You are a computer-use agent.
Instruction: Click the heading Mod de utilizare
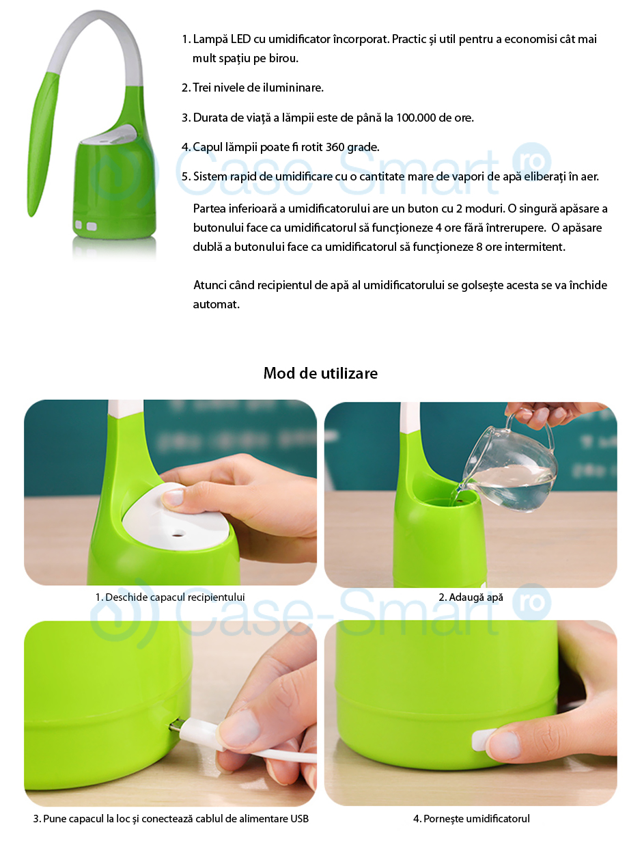pyautogui.click(x=320, y=373)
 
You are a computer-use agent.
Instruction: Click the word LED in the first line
pyautogui.click(x=240, y=39)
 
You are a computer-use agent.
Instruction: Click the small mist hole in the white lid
pyautogui.click(x=179, y=534)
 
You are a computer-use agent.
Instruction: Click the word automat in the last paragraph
pyautogui.click(x=216, y=304)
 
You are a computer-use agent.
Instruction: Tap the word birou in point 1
pyautogui.click(x=283, y=58)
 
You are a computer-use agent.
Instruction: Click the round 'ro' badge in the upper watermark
pyautogui.click(x=532, y=161)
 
